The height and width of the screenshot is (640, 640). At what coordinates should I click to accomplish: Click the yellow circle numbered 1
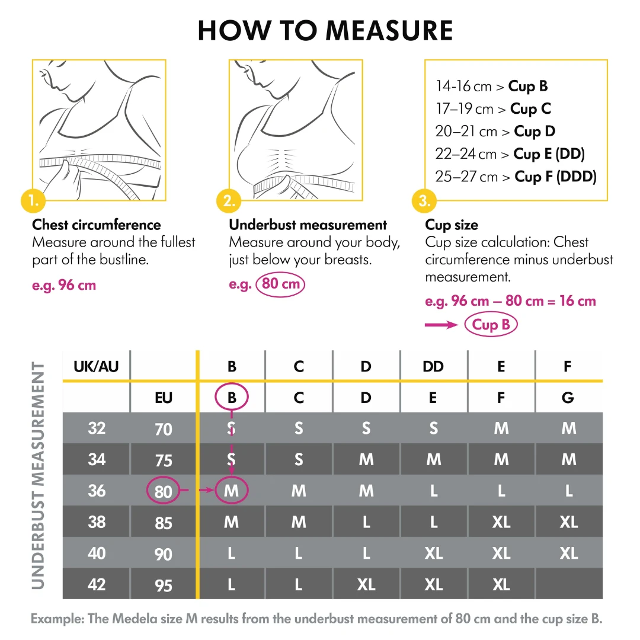33,201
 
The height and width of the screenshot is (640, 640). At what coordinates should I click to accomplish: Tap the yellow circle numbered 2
229,201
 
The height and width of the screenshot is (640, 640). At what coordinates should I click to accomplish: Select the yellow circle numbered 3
425,201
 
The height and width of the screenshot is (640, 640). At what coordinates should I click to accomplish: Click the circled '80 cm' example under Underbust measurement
281,284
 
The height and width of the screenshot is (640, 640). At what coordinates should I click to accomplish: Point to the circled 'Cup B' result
491,325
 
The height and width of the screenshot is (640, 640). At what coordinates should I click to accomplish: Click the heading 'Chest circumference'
97,225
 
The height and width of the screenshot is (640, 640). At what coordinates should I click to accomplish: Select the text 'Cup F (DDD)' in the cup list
555,177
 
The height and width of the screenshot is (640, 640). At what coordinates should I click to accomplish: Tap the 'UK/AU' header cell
96,366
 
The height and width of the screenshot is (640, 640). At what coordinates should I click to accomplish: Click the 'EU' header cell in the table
163,398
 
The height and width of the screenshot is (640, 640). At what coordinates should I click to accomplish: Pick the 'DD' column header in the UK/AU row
433,366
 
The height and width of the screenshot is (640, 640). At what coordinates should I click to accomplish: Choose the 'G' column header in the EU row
568,398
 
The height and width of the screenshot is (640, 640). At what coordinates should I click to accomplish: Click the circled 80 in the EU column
163,491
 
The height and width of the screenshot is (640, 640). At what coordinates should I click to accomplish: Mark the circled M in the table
231,491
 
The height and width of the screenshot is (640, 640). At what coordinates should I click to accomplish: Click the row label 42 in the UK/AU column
97,584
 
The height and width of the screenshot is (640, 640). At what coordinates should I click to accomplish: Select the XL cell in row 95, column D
366,584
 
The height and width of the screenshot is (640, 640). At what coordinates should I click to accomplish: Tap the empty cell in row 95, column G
568,584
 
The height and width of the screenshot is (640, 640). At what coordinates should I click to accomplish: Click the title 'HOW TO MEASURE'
325,31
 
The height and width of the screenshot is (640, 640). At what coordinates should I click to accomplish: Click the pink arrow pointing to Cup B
441,325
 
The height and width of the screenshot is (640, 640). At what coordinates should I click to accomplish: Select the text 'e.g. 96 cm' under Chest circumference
64,285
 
